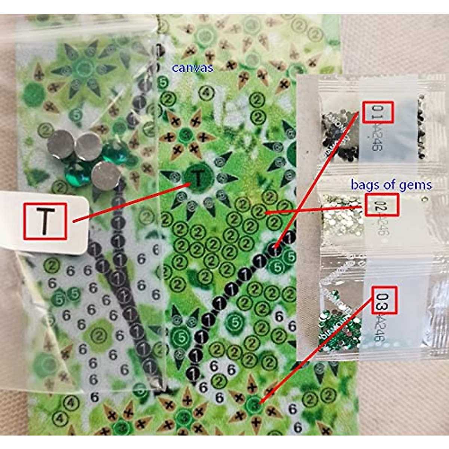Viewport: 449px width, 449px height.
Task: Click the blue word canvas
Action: [192, 68]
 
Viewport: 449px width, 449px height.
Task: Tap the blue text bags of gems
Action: [391, 184]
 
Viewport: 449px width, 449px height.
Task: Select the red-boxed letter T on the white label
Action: [45, 221]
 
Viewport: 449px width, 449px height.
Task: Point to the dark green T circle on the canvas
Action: [197, 177]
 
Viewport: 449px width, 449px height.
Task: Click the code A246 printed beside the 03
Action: [380, 327]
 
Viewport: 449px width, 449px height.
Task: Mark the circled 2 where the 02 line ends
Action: [259, 212]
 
